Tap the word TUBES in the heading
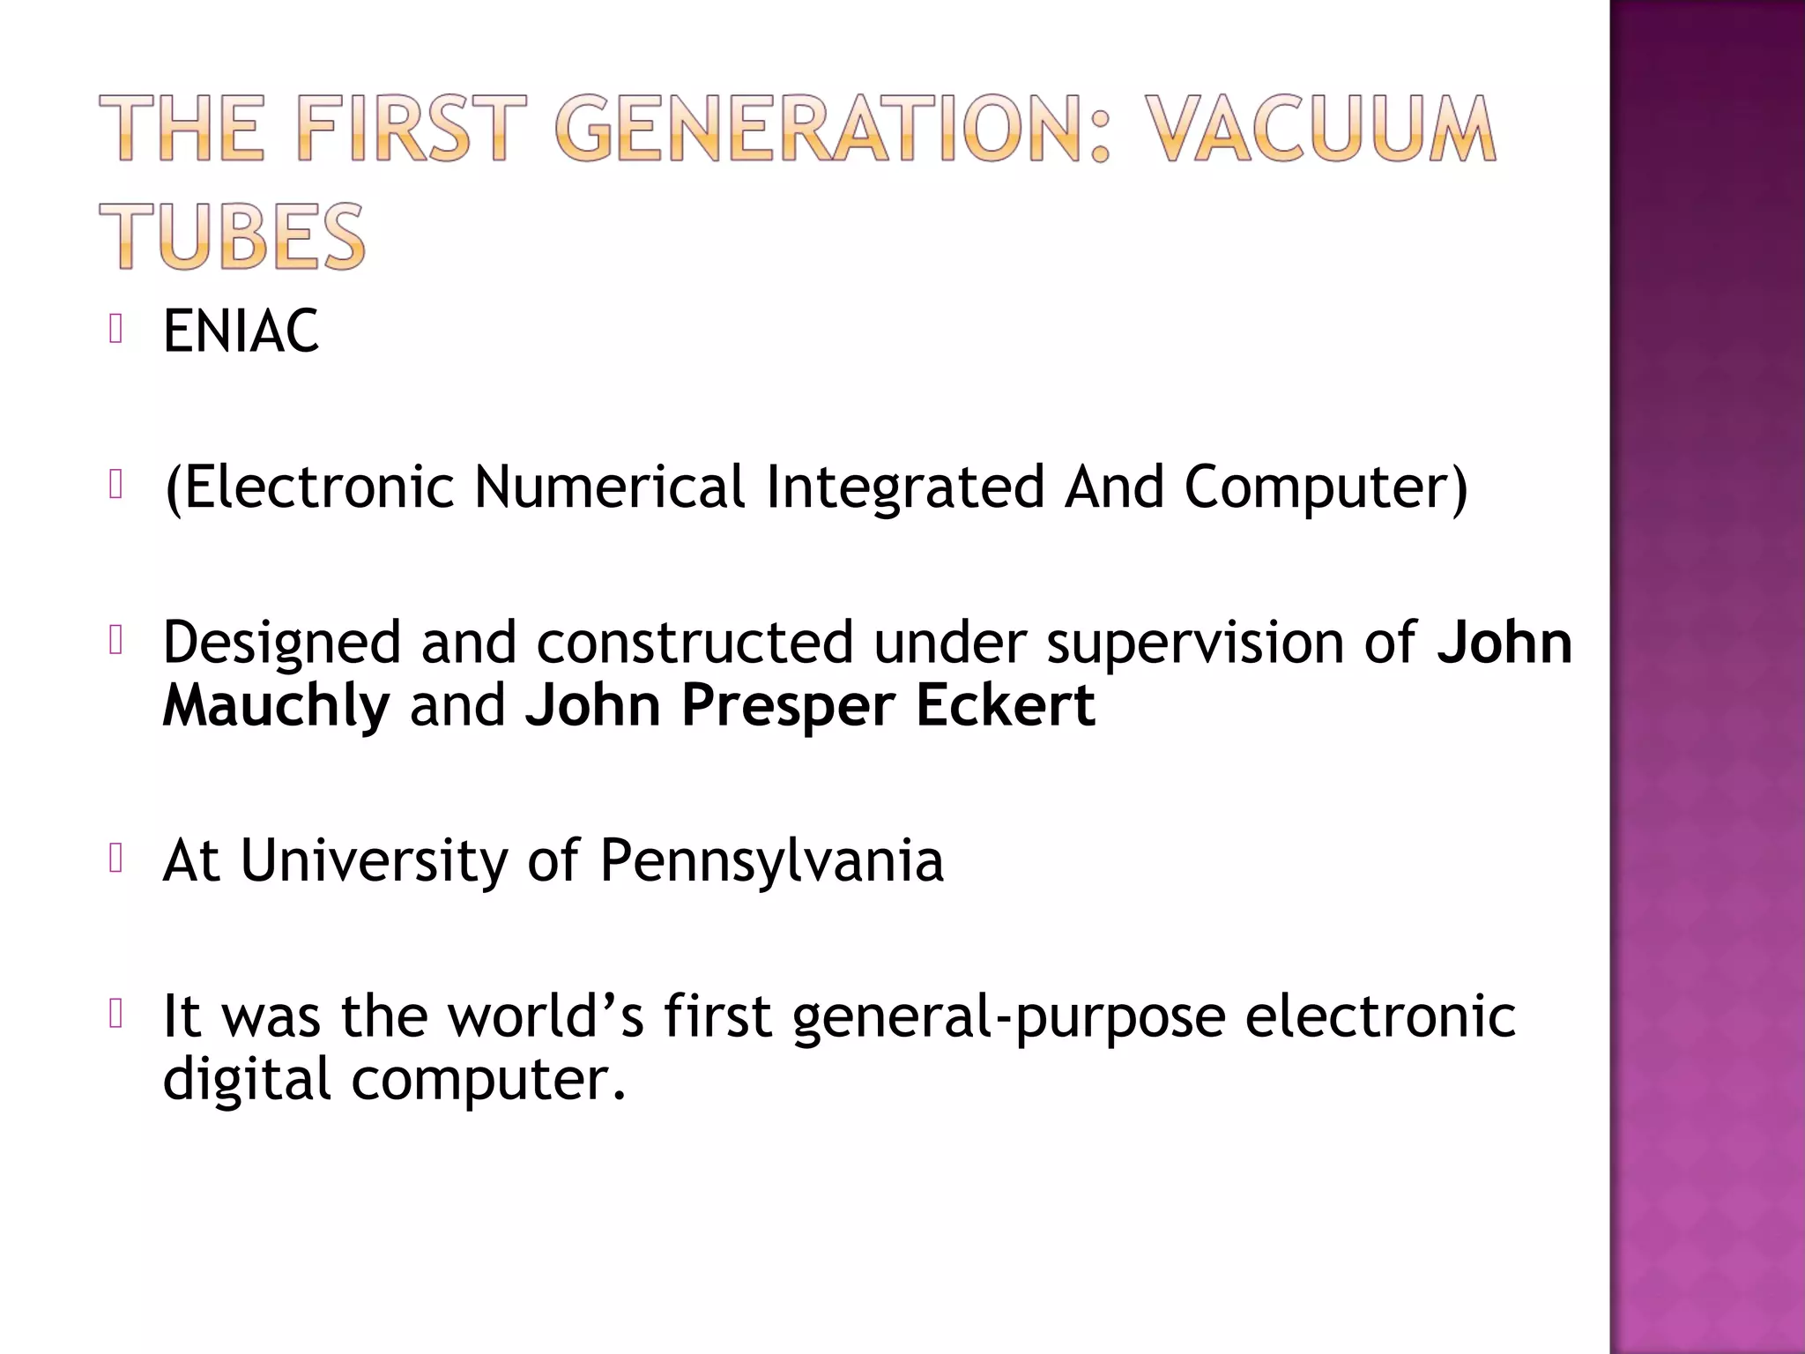(x=232, y=236)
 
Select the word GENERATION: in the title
(x=831, y=130)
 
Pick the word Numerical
(x=609, y=487)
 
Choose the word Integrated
(x=905, y=487)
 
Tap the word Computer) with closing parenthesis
(x=1326, y=487)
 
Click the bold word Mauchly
(x=276, y=706)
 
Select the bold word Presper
(x=788, y=706)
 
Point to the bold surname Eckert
(x=1005, y=706)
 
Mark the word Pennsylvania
(x=771, y=860)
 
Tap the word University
(x=374, y=860)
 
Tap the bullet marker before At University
(x=115, y=859)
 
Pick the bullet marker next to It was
(x=115, y=1014)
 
